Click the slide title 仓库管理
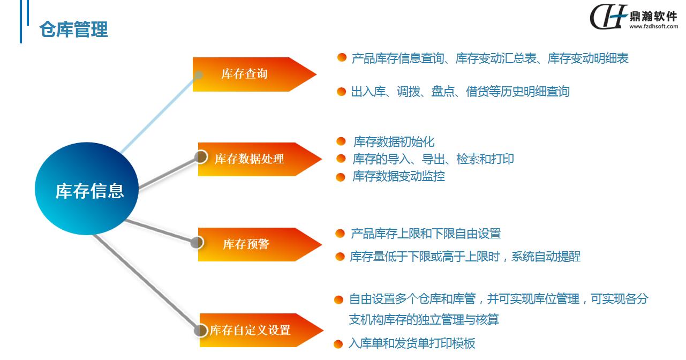(73, 29)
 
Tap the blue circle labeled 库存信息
(87, 189)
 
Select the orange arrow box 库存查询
(254, 74)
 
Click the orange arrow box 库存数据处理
(260, 159)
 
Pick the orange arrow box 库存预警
(260, 244)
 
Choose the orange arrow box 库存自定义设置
(261, 330)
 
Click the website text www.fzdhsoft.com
(653, 26)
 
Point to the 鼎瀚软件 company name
(653, 16)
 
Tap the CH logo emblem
(608, 17)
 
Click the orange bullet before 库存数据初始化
(341, 141)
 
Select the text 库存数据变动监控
(398, 176)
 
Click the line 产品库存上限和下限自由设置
(426, 234)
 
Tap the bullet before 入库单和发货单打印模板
(338, 344)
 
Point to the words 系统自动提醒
(546, 257)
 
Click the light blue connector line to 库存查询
(159, 114)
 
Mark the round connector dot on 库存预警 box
(197, 243)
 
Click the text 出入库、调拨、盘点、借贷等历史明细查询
(460, 91)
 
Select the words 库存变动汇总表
(496, 58)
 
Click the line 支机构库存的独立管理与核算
(424, 320)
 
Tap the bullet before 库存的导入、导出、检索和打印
(341, 159)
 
